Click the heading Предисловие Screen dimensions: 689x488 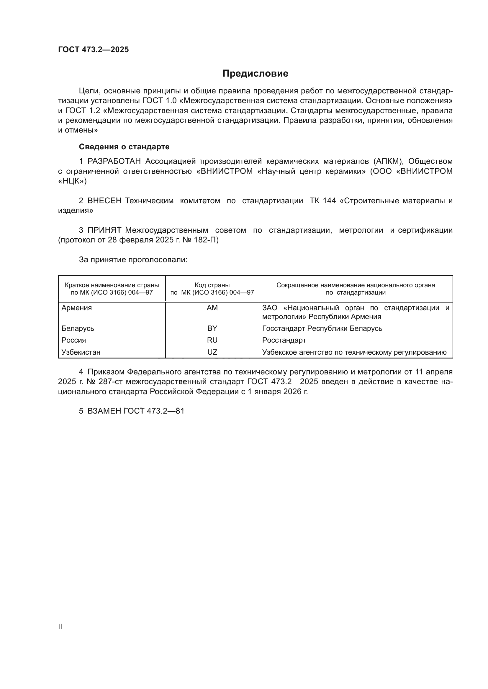point(255,74)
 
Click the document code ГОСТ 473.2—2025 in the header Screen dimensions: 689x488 point(94,49)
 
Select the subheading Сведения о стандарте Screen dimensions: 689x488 point(124,147)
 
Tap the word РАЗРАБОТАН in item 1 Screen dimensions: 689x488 point(114,161)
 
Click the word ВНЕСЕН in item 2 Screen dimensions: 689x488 point(104,201)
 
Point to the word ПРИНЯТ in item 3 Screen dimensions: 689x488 point(104,230)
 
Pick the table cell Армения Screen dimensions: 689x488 point(77,308)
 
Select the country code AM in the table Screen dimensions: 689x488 point(212,308)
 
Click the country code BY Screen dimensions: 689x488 point(212,328)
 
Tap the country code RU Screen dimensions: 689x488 point(212,340)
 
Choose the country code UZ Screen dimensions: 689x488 point(212,352)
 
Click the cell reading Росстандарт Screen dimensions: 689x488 point(284,340)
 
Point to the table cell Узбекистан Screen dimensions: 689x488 point(81,352)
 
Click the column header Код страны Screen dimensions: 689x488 point(212,285)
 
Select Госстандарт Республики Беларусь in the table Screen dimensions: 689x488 point(322,328)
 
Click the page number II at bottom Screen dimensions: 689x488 point(60,627)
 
